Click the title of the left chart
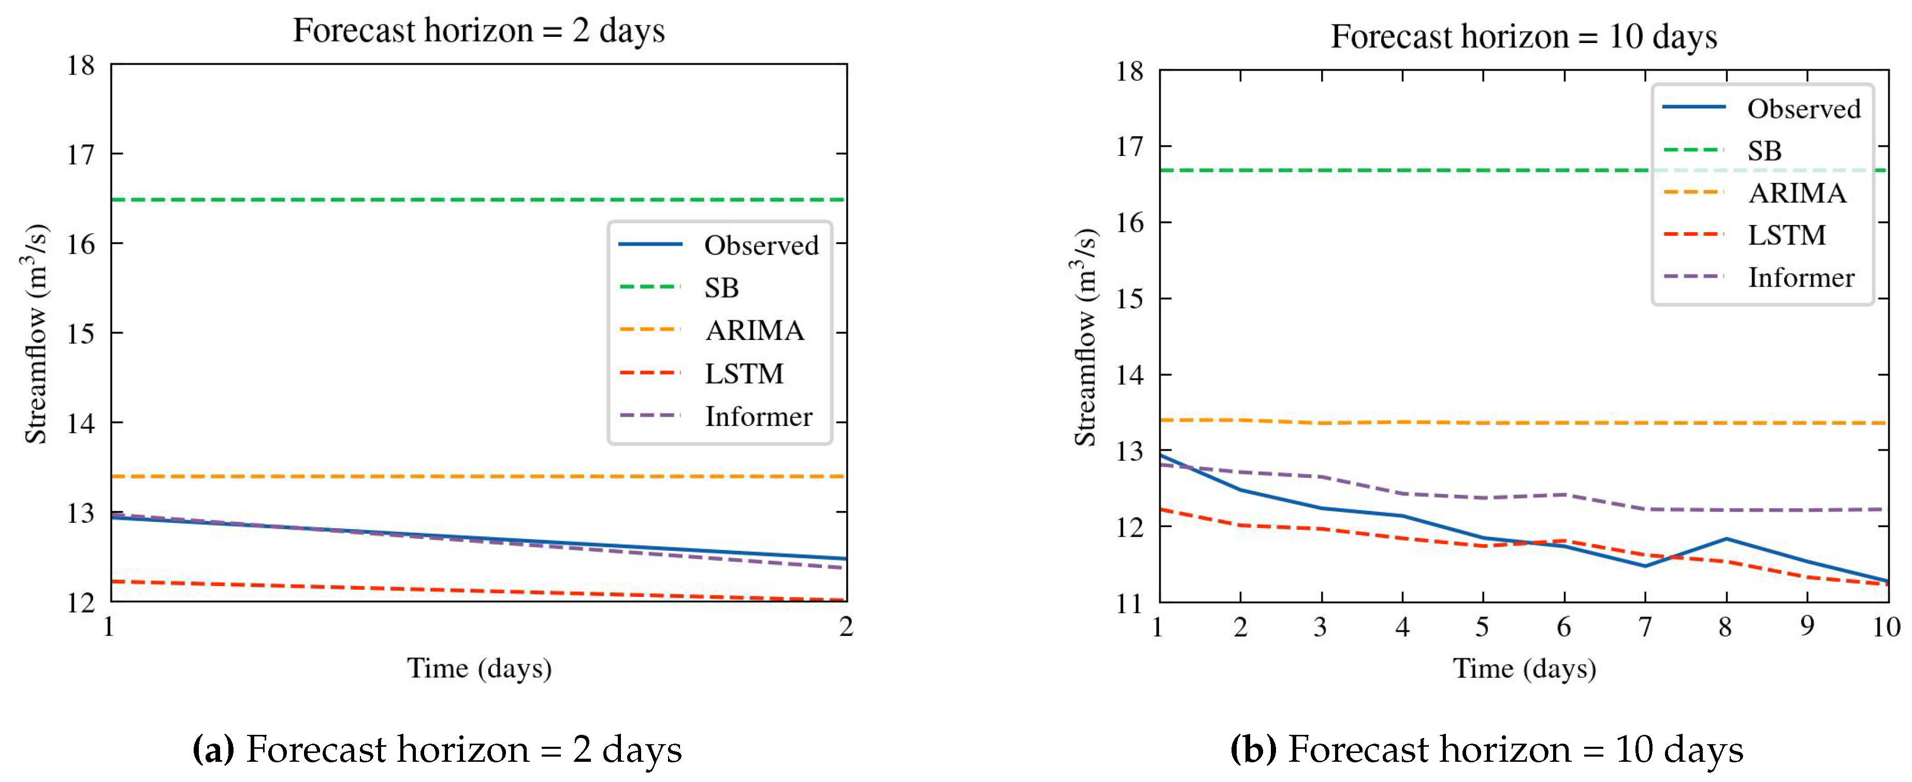point(479,31)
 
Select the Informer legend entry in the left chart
point(758,417)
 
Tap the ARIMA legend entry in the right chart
point(1796,193)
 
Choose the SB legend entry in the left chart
point(721,288)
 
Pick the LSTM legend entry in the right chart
point(1786,235)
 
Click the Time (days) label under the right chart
point(1524,669)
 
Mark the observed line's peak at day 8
point(1727,538)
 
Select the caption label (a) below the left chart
point(213,749)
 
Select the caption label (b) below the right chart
point(1253,749)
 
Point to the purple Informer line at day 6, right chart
point(1565,494)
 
